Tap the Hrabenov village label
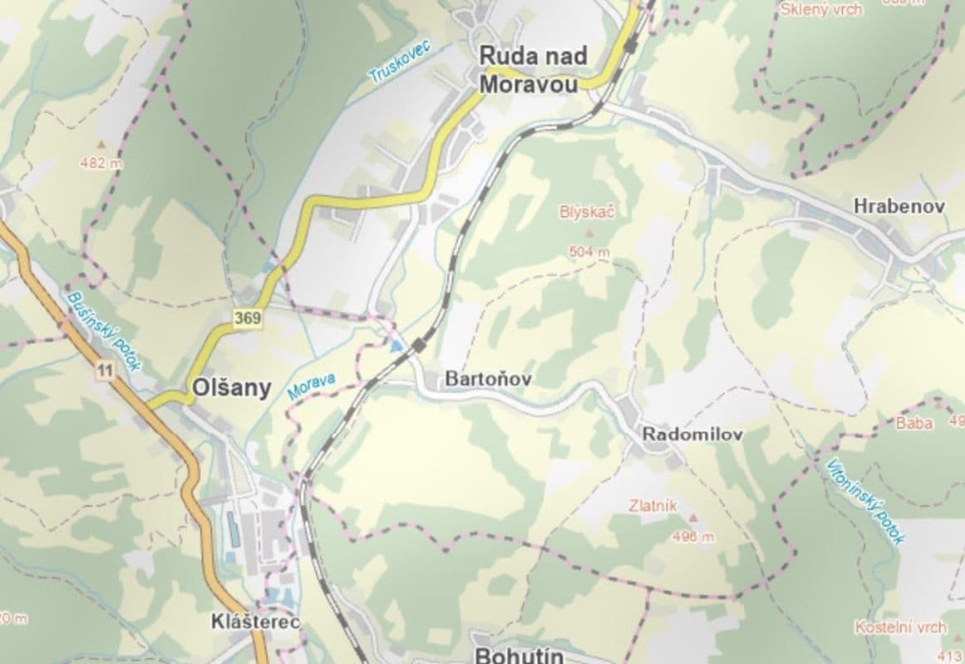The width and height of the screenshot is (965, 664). pos(899,207)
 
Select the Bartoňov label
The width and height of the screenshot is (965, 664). pos(487,379)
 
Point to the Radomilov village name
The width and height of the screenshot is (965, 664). pos(692,434)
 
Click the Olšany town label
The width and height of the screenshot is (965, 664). pos(231,388)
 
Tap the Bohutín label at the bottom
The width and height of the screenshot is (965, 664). pos(519,656)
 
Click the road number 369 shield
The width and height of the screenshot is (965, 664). pos(247,318)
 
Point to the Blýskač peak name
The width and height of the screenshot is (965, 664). pos(586,213)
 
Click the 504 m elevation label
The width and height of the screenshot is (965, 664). pos(589,251)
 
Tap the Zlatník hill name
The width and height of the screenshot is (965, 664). pos(653,505)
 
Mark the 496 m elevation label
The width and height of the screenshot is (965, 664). pos(693,537)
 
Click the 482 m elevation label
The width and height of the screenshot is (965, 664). pos(100,164)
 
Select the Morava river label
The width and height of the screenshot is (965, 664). pos(311,387)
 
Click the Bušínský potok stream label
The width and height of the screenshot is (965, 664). pos(105,330)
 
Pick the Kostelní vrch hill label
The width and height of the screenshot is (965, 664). pos(900,627)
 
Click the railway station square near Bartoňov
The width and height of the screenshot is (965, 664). pos(420,344)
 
